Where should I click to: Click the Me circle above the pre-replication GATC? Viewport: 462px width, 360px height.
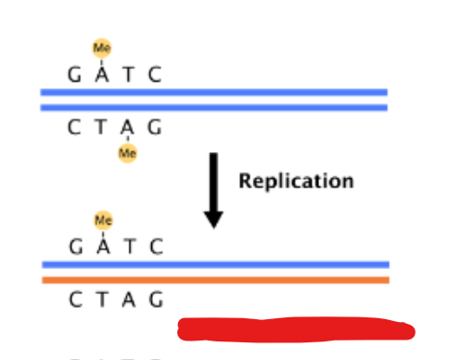[101, 47]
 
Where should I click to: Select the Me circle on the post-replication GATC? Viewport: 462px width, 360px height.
[103, 220]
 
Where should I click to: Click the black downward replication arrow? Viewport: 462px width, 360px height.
[213, 190]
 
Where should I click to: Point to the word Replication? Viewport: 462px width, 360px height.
[296, 180]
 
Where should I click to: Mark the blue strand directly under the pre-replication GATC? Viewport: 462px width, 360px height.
[213, 92]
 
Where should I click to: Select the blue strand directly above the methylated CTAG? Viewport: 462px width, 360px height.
[213, 107]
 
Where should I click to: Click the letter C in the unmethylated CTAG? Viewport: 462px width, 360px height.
[75, 300]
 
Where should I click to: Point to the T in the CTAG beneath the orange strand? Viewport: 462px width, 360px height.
[101, 300]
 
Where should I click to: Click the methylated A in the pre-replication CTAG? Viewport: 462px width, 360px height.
[127, 127]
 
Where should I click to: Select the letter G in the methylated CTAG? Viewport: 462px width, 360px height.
[154, 127]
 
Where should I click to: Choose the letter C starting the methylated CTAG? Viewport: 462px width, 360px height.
[74, 127]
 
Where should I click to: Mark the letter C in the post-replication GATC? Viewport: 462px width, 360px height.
[156, 247]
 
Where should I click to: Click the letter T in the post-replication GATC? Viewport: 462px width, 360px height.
[130, 247]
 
